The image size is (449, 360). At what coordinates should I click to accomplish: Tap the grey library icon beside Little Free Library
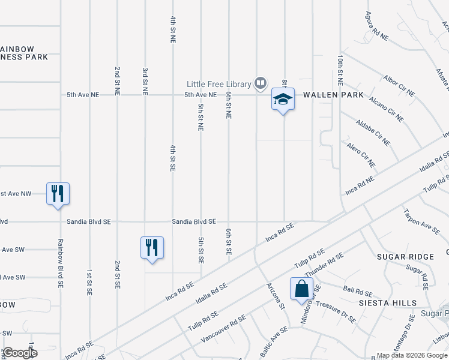[x=261, y=83]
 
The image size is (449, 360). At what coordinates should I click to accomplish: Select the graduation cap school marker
[x=283, y=100]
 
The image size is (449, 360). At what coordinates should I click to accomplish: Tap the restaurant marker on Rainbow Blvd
[x=58, y=194]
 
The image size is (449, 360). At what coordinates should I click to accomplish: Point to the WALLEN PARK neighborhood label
[x=333, y=95]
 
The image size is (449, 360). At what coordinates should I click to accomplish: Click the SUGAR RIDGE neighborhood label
[x=405, y=257]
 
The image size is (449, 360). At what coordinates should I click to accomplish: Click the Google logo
[x=20, y=353]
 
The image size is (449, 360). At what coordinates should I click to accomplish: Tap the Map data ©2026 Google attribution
[x=412, y=355]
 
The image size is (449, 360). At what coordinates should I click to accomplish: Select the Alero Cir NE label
[x=361, y=155]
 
